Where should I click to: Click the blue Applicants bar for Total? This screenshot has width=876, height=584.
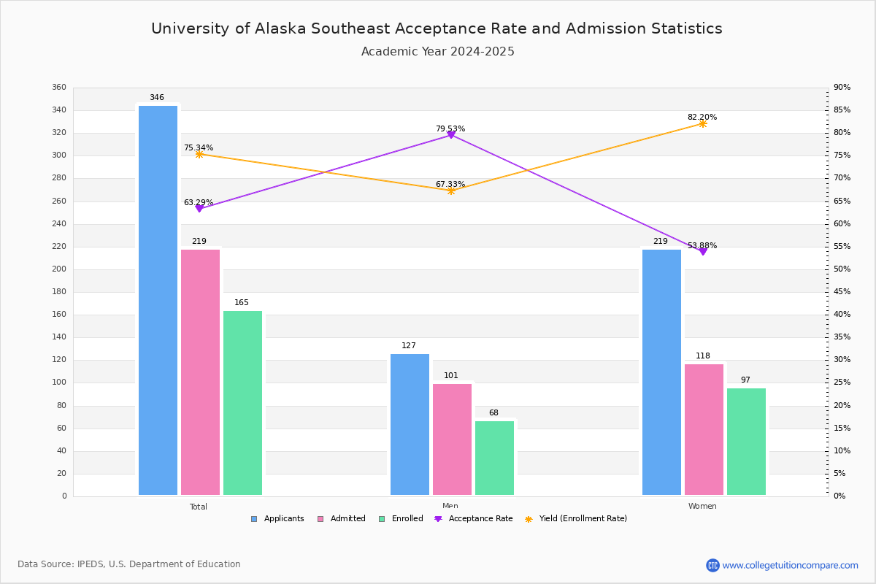point(158,301)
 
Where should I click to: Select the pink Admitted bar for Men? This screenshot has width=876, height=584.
point(452,439)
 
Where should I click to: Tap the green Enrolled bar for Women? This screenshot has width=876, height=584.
point(746,442)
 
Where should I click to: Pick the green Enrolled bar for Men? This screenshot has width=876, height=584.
point(494,458)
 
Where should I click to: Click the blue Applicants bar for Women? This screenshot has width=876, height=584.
point(661,372)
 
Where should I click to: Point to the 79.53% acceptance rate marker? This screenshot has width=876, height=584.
point(451,135)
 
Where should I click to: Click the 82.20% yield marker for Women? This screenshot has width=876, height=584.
point(703,123)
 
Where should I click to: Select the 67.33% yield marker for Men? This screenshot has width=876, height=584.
point(451,191)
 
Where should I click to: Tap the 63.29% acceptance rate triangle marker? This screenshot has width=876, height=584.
point(199,209)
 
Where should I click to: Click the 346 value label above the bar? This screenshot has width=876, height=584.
point(157,97)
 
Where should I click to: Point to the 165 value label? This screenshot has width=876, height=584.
point(242,302)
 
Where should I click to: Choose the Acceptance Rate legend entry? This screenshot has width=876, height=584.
point(474,519)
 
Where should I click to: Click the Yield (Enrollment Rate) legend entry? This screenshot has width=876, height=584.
point(576,519)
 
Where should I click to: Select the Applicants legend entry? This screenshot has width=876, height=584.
point(277,519)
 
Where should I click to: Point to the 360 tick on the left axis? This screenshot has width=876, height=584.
point(59,87)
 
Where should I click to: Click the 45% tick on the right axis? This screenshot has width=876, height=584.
point(842,291)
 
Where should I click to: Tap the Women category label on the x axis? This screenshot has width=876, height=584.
point(702,506)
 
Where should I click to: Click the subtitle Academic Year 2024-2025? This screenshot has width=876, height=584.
point(437,51)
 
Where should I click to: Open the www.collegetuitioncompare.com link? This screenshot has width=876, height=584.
point(790,565)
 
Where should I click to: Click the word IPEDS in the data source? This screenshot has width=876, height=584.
point(91,564)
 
